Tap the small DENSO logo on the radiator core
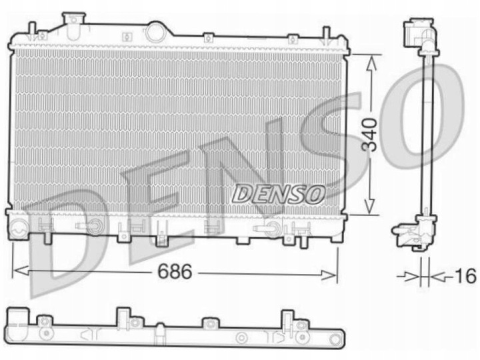278,193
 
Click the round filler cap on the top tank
156,31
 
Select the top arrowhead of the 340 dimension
372,58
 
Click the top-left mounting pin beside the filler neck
31,29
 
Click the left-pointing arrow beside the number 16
437,275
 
